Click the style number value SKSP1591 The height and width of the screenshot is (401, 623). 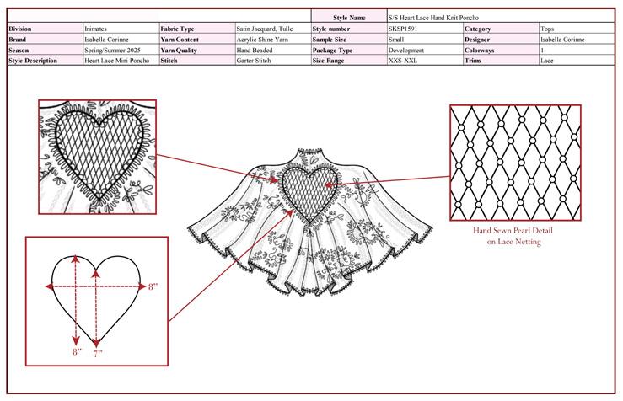[404, 28]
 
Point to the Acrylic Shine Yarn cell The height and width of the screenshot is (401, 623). [260, 39]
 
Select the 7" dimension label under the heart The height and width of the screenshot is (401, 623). [98, 354]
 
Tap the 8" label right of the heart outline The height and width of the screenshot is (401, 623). [153, 287]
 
